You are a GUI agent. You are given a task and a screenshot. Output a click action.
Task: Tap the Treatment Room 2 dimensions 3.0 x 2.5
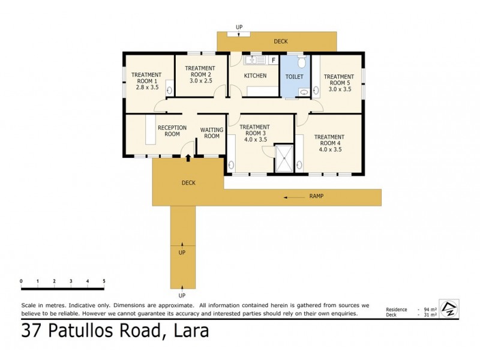tap(200, 80)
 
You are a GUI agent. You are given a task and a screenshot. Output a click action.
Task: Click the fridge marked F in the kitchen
tap(272, 60)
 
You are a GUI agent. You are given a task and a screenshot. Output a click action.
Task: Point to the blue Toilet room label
tap(294, 77)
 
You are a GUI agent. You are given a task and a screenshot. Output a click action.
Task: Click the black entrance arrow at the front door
tap(189, 158)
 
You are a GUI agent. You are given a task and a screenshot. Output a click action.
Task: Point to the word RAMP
tap(317, 196)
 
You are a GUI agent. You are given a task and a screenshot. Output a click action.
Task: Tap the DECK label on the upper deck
tap(280, 41)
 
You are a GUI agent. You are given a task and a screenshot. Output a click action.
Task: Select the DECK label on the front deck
tap(189, 183)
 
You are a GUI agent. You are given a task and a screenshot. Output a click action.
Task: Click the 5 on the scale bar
tap(104, 281)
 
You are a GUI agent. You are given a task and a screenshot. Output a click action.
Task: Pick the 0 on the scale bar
tap(21, 281)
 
